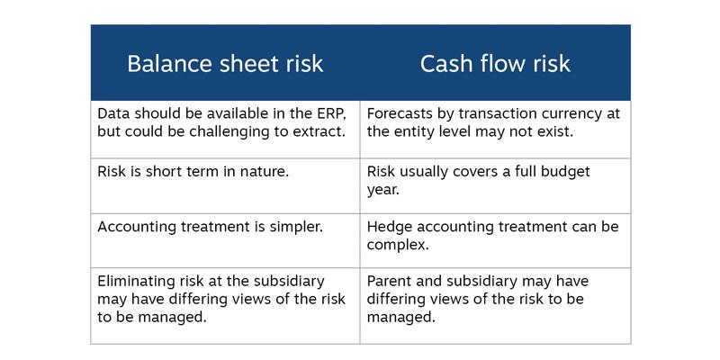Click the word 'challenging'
[x=226, y=132]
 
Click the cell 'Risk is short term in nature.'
[x=193, y=171]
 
